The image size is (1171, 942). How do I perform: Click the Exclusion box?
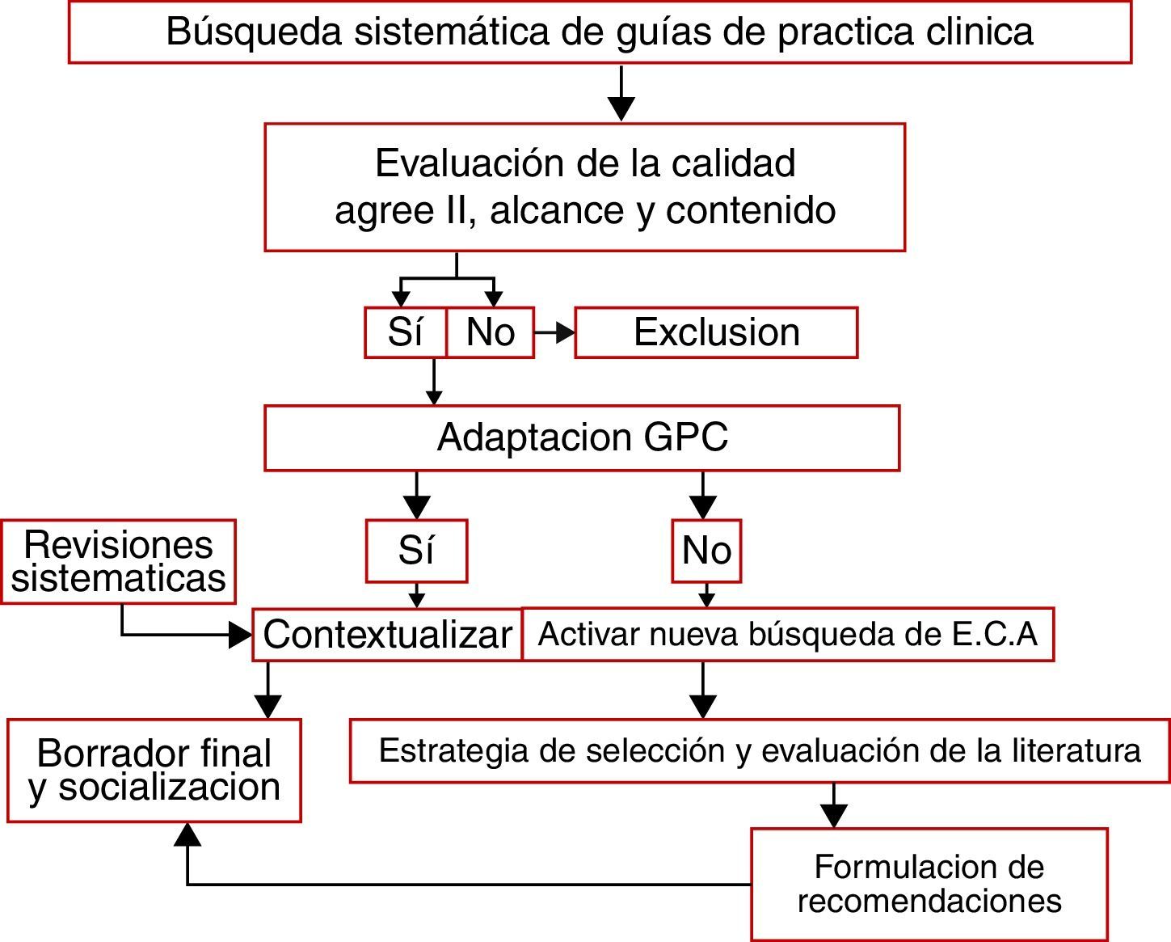tap(716, 332)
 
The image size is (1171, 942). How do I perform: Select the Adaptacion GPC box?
tap(582, 437)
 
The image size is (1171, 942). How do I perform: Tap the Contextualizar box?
tap(387, 635)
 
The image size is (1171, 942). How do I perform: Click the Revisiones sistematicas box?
tap(119, 561)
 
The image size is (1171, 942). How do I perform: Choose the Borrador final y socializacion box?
tap(154, 771)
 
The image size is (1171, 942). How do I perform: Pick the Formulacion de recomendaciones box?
tap(929, 884)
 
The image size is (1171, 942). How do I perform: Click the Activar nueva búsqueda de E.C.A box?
tap(788, 635)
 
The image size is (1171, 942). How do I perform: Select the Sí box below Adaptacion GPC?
tap(416, 551)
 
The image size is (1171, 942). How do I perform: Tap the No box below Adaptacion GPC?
tap(706, 551)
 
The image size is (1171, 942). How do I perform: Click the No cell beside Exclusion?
tap(491, 332)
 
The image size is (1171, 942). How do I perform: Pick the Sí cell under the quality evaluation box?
tap(405, 332)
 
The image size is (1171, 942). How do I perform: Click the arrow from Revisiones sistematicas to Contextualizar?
tap(186, 635)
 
